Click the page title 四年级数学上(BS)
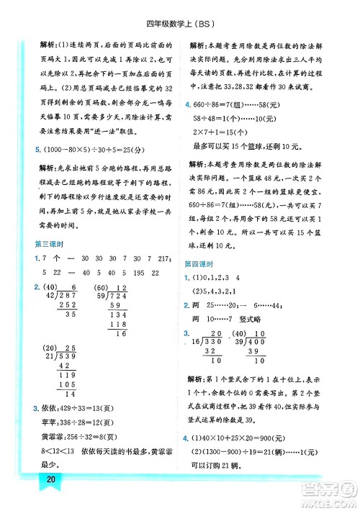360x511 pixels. (180, 9)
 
